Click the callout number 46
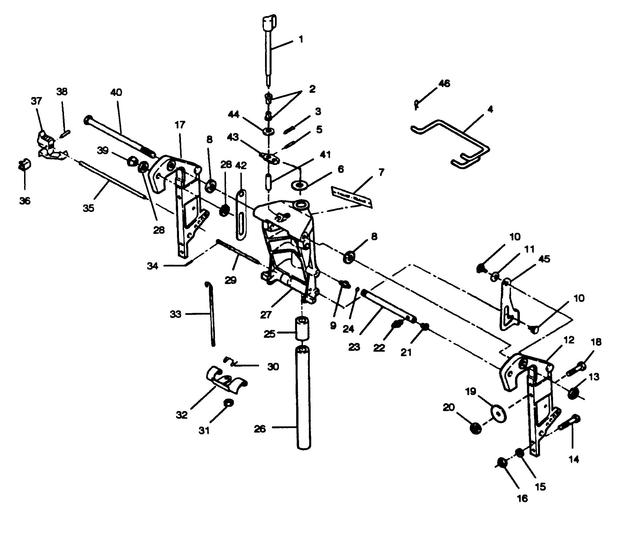tap(444, 83)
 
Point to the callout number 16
tap(522, 498)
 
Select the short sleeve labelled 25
tap(302, 328)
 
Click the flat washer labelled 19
tap(498, 414)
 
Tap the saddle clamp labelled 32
tap(226, 379)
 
